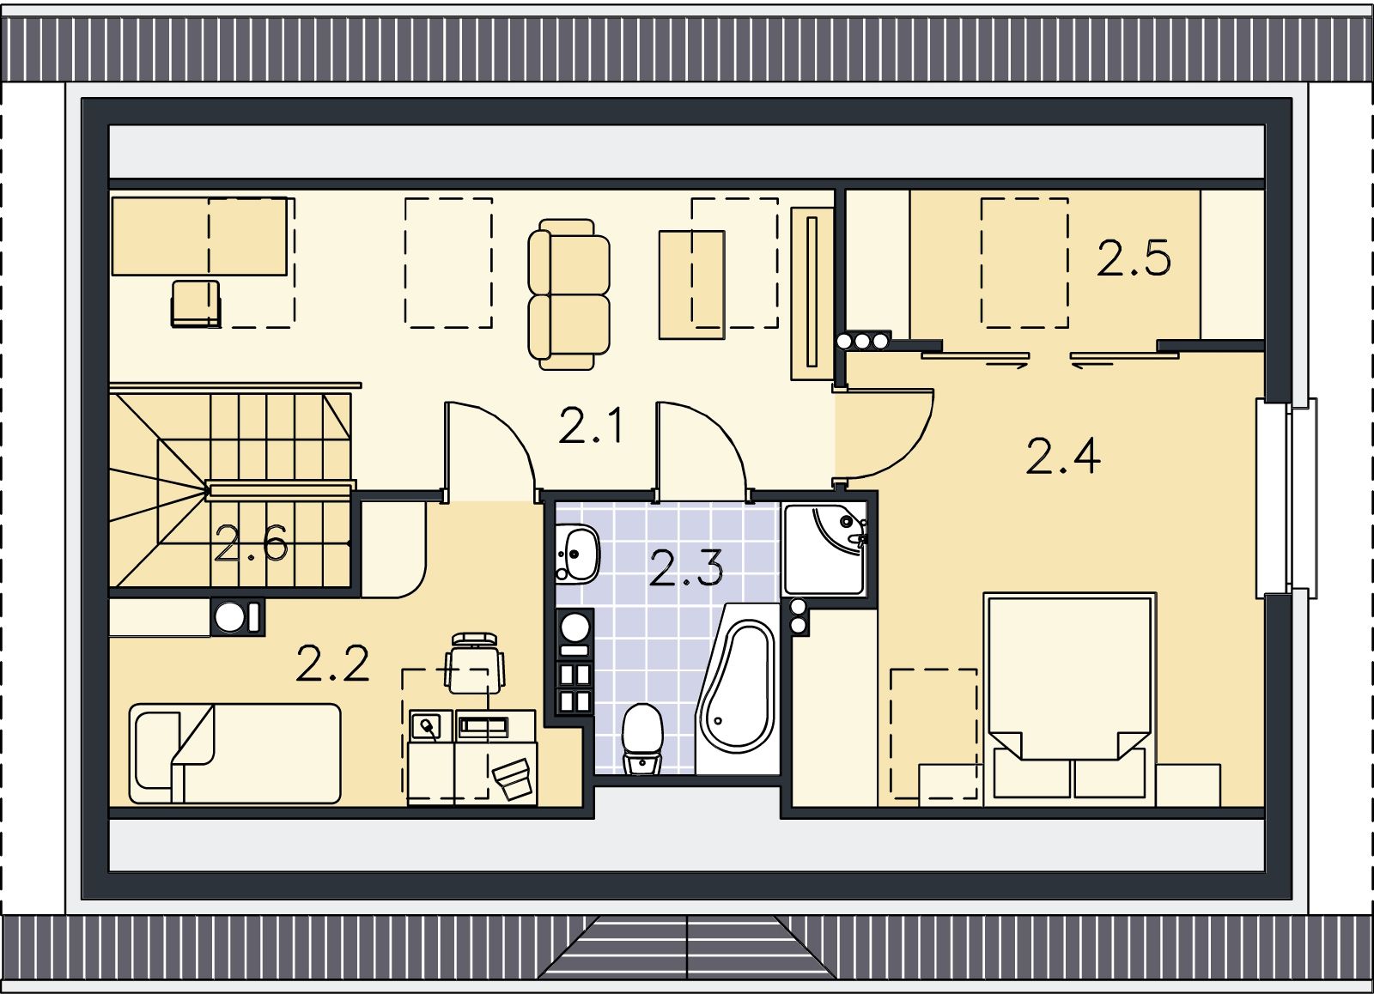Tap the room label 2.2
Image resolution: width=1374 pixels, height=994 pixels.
(x=332, y=664)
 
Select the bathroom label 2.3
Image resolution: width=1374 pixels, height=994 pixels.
(x=686, y=568)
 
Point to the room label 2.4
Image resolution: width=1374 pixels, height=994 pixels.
(x=1063, y=456)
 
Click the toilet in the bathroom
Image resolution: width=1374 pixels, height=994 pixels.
(x=642, y=738)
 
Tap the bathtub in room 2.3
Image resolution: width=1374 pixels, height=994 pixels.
(x=738, y=688)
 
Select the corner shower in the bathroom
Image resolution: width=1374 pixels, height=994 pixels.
(x=825, y=549)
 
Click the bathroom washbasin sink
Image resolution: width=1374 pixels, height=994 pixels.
(x=577, y=554)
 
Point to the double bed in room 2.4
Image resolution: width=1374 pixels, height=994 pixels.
(x=1070, y=699)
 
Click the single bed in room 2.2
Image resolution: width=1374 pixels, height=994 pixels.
(x=234, y=754)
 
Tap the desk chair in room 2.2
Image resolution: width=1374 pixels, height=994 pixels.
(x=474, y=664)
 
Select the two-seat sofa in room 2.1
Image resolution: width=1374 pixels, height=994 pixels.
(x=568, y=294)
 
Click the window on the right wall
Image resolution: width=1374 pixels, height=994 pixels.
(x=1287, y=499)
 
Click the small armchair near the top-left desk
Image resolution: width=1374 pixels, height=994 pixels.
(x=196, y=304)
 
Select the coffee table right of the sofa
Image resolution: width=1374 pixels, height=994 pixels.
(x=692, y=284)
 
